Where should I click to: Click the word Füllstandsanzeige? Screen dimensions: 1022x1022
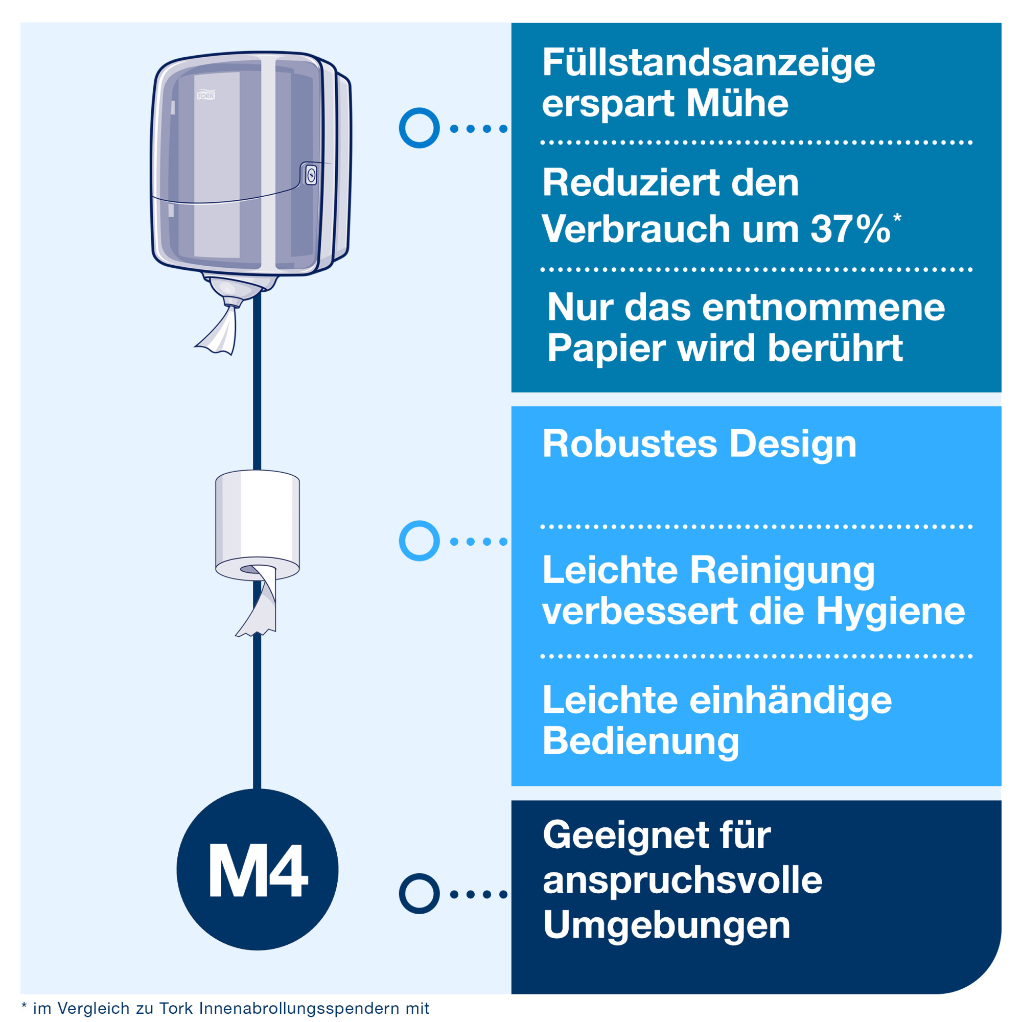pos(708,63)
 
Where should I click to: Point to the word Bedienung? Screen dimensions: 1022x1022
pos(641,741)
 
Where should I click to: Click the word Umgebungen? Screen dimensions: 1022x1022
pos(666,926)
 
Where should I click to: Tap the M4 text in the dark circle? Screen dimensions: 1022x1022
pos(258,871)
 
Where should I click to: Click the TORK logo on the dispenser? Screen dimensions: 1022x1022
pos(206,95)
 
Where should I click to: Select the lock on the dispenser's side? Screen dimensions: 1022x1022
pos(311,175)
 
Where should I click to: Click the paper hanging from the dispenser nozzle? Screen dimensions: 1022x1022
pos(217,329)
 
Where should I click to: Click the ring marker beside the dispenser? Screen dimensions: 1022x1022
pos(419,128)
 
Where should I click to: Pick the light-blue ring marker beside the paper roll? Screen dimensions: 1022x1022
pos(419,541)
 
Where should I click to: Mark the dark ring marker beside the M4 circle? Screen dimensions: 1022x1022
pos(419,894)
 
